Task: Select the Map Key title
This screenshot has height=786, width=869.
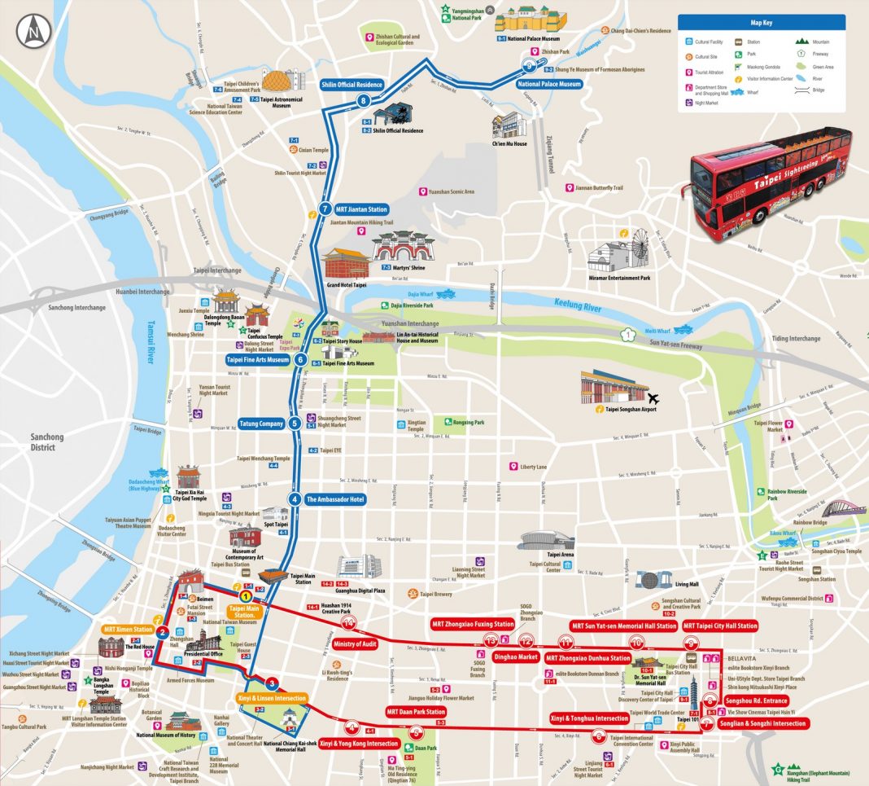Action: coord(761,23)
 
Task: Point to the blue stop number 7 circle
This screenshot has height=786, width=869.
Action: coord(325,209)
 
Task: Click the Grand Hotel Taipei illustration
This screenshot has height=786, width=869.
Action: coord(346,264)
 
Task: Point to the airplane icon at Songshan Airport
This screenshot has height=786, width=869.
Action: coord(652,398)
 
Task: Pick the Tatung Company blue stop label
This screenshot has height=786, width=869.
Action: coord(261,424)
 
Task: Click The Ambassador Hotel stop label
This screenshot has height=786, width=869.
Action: coord(334,499)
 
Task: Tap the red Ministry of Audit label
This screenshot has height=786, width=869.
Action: coord(356,643)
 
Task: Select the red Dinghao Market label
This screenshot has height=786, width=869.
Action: coord(516,656)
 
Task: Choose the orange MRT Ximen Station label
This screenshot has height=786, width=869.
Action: coord(129,630)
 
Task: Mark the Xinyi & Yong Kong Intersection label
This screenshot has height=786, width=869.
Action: coord(358,744)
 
